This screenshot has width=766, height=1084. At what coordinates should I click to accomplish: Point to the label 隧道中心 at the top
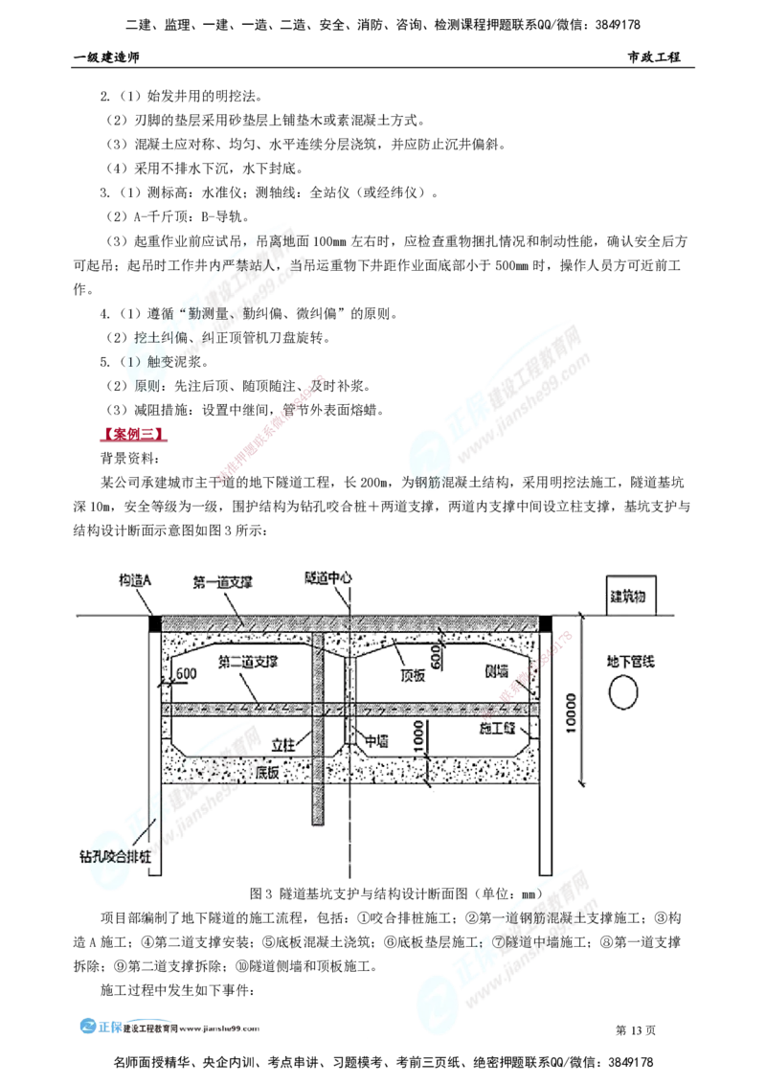click(x=328, y=578)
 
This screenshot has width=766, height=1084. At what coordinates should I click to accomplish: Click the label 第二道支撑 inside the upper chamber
click(x=248, y=662)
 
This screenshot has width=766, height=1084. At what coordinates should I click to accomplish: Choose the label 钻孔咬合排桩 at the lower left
click(x=113, y=855)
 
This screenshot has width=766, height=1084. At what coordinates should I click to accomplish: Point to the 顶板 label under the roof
click(x=413, y=674)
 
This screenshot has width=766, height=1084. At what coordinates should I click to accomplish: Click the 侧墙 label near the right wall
click(x=495, y=673)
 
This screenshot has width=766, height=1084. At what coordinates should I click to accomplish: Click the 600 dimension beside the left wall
click(x=187, y=674)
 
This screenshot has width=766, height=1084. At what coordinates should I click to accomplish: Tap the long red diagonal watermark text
click(x=273, y=426)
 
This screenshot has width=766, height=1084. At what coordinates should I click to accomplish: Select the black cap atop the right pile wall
click(x=548, y=622)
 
